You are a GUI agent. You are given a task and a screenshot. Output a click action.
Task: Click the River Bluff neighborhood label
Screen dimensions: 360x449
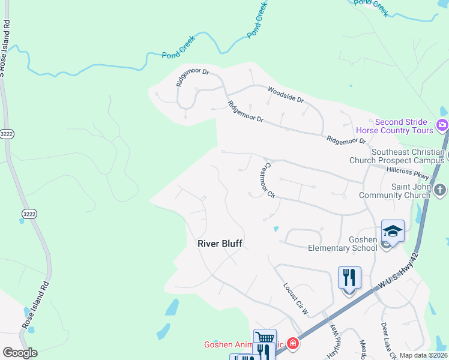[x=220, y=244]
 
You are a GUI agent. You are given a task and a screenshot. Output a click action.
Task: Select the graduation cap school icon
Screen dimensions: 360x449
[x=393, y=231]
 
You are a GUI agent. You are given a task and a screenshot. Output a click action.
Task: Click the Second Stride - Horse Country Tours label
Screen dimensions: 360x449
[x=394, y=125]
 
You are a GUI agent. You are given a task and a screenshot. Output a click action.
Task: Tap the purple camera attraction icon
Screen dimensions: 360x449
[x=442, y=125]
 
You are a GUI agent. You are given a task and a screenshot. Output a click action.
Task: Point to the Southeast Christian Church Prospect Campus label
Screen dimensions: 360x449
[x=399, y=157]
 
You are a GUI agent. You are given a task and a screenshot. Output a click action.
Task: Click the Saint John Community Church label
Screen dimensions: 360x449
[x=394, y=191]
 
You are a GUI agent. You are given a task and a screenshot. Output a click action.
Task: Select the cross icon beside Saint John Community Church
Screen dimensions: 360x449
[x=440, y=191]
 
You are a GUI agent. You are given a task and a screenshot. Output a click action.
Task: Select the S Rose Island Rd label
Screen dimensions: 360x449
[x=5, y=48]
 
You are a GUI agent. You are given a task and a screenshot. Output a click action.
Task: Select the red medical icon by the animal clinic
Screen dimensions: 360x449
[x=292, y=344]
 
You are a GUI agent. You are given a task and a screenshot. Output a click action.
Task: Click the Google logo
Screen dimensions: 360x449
[x=20, y=353]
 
